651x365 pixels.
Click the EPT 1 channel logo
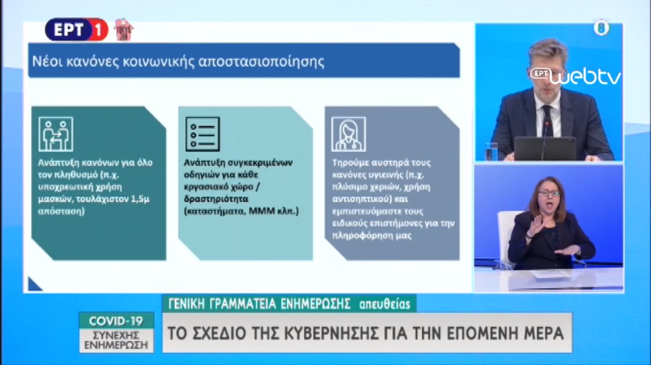coord(76,30)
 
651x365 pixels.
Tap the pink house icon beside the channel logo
coord(123,30)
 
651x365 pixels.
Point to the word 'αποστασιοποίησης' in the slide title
coord(261,62)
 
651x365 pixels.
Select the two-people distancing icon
coord(55,134)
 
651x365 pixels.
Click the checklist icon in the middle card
coord(203,134)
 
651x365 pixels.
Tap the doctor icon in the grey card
coord(349,134)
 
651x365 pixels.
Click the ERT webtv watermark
coord(575,76)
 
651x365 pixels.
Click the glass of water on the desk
coord(491,151)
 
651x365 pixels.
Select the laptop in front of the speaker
coord(545,149)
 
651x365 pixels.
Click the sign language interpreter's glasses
coord(549,193)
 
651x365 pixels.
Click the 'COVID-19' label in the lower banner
coord(116,321)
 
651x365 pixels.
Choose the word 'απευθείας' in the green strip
coord(385,305)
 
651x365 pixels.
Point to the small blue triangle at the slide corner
coord(33,285)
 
